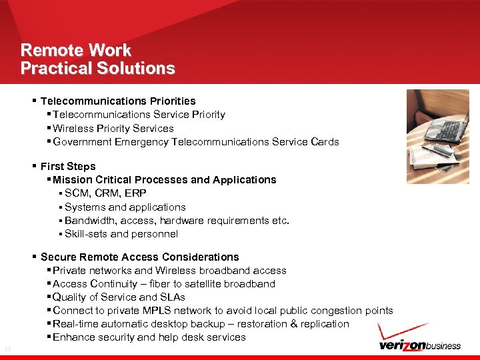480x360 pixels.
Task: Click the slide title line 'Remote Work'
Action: tap(76, 50)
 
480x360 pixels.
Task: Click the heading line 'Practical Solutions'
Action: tap(97, 68)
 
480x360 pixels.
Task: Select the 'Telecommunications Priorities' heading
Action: tap(118, 101)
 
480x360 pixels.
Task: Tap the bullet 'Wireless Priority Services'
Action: tap(113, 128)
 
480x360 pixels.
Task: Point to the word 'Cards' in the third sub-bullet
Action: tap(325, 141)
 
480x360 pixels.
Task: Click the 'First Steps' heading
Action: tap(68, 166)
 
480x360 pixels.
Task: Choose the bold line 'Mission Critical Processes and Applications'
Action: tap(164, 179)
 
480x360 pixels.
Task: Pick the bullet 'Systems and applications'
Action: tap(125, 207)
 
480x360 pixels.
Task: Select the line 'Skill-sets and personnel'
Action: tap(121, 234)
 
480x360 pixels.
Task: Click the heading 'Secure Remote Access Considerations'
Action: tap(139, 257)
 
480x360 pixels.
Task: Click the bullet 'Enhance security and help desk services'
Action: tap(149, 337)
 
